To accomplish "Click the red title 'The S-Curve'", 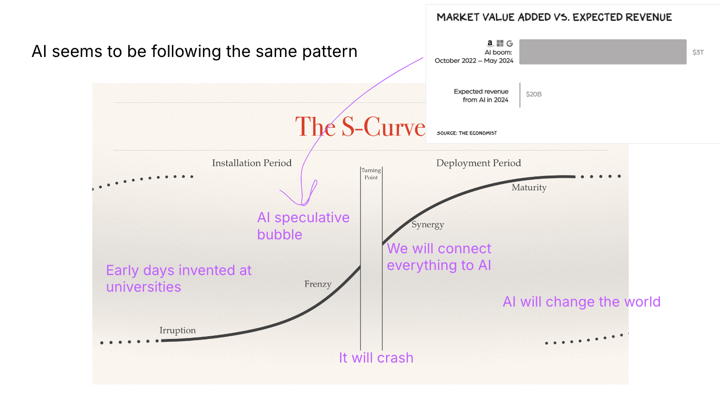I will coord(360,127).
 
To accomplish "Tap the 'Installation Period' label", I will coord(252,163).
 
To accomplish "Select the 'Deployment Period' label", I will coord(478,163).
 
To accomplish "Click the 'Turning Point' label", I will coord(371,174).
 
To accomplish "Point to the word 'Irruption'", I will coord(177,330).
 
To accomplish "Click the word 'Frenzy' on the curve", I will coord(317,284).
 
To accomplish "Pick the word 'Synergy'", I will coord(428,225).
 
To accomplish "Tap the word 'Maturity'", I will coord(529,188).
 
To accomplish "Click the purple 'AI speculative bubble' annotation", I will coord(303,226).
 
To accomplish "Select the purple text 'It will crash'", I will coord(376,358).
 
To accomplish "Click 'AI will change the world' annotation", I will coord(581,302).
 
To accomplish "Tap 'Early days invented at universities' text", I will coord(178,278).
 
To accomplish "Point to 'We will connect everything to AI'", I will coord(439,257).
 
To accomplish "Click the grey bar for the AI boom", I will coord(602,52).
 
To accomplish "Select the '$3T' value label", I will coord(698,52).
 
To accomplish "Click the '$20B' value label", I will coord(533,94).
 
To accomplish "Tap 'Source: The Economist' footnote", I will coord(466,133).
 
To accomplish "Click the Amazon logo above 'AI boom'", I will coord(490,43).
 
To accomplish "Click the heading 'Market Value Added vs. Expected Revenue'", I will coord(554,18).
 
